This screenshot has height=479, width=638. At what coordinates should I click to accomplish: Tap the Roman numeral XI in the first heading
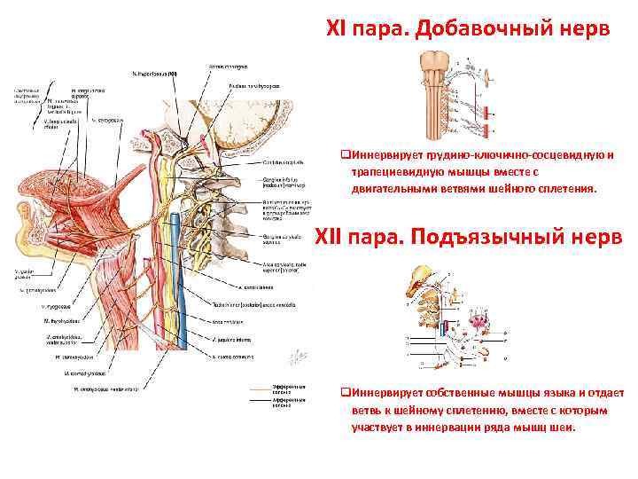point(338,29)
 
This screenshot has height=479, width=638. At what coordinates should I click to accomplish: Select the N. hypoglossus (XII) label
point(154,73)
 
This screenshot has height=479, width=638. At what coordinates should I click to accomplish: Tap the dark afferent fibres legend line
point(262,400)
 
